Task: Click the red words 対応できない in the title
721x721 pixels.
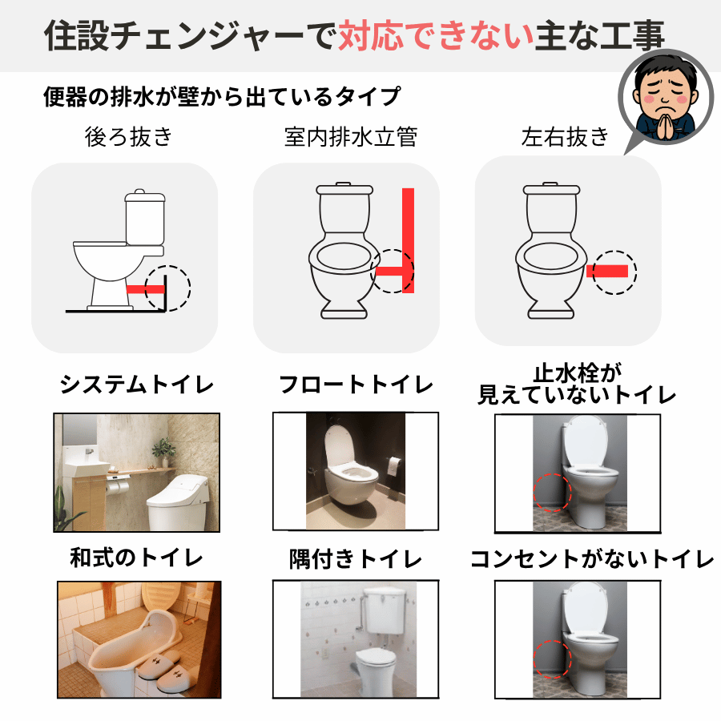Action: click(x=436, y=35)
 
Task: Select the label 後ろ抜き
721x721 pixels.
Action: click(x=128, y=136)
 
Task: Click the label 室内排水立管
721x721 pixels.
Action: click(x=351, y=136)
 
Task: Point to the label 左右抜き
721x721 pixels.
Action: click(x=565, y=136)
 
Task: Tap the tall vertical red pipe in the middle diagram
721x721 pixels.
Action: click(x=409, y=240)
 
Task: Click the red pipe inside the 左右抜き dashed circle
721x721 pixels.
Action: click(x=607, y=272)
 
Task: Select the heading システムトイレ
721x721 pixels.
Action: click(x=137, y=384)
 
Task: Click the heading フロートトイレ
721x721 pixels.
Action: click(x=356, y=384)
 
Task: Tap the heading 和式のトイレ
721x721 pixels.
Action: click(x=136, y=558)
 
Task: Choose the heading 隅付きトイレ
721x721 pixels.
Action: click(x=356, y=559)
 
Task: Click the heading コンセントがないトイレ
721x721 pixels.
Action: click(x=592, y=559)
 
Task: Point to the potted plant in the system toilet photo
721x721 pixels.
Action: click(x=163, y=452)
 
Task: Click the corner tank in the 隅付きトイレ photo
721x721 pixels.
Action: click(x=382, y=610)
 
